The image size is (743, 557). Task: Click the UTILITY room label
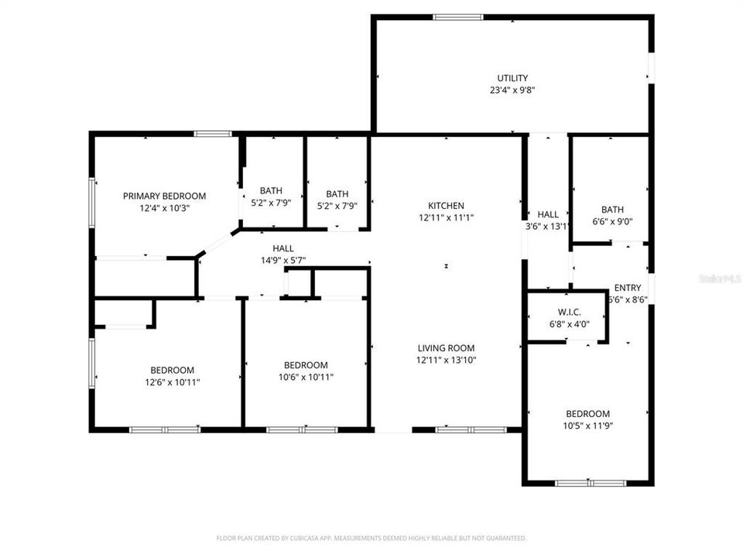point(512,77)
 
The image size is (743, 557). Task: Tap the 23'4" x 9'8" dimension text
point(512,90)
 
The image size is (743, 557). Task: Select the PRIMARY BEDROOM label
point(164,196)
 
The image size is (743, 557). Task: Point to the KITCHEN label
point(447,206)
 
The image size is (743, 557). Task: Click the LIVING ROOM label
point(447,348)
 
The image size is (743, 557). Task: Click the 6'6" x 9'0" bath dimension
point(612,221)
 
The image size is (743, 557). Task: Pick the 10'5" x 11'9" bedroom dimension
point(587,425)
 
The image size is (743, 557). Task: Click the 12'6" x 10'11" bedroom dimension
point(172,381)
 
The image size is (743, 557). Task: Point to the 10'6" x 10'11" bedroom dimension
point(306,377)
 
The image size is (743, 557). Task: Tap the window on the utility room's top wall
point(457,17)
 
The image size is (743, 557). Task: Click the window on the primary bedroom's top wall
point(213,134)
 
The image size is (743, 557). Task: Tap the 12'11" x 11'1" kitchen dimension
point(447,218)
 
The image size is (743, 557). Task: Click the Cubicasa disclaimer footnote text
point(371,538)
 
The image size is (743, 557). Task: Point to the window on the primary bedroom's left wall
point(91,203)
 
